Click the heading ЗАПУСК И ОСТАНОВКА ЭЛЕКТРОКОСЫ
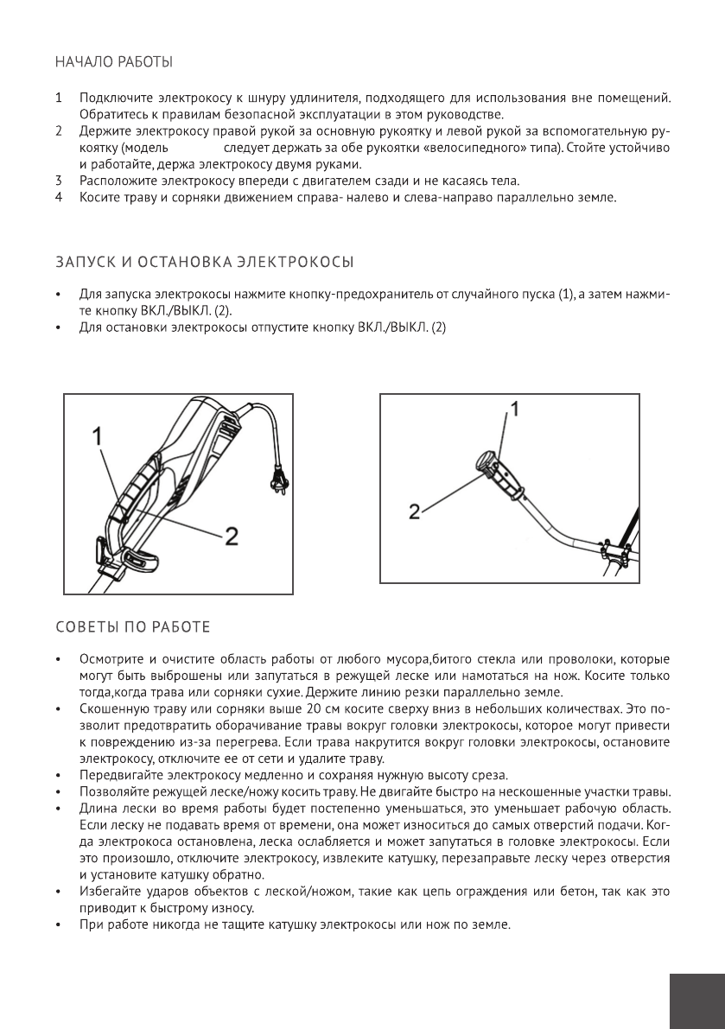tap(205, 261)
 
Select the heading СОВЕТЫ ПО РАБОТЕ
tap(131, 625)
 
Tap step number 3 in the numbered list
tap(59, 181)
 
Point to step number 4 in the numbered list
tap(59, 197)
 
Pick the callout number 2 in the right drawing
tap(415, 511)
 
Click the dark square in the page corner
tap(696, 1001)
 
